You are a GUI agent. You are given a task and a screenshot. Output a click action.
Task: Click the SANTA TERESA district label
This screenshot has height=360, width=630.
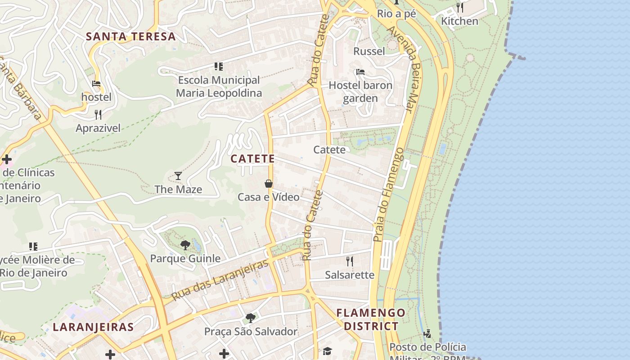[x=130, y=37]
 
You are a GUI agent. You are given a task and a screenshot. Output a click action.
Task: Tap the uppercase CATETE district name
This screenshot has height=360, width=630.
[x=252, y=159]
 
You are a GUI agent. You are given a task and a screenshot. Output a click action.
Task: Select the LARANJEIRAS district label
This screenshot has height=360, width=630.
[x=93, y=327]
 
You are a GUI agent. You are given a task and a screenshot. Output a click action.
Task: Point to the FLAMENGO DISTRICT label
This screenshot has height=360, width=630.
[x=371, y=319]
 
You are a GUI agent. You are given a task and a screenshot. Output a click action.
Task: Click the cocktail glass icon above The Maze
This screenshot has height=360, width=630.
[x=178, y=176]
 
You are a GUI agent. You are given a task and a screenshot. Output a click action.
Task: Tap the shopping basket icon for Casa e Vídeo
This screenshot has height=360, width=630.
[x=269, y=184]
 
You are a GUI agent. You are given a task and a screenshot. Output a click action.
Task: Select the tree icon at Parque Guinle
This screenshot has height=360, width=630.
[x=185, y=245]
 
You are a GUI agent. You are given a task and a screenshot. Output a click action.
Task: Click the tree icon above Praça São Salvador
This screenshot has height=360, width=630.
[x=251, y=318]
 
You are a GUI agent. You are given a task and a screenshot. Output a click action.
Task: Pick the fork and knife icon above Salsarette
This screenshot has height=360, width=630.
[x=350, y=261]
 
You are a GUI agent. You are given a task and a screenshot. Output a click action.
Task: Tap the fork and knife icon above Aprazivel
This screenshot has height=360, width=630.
[x=98, y=115]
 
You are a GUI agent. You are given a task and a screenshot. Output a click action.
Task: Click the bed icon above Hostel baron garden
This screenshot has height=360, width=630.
[x=360, y=72]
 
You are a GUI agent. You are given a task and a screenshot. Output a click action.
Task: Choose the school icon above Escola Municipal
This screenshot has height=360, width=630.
[x=219, y=67]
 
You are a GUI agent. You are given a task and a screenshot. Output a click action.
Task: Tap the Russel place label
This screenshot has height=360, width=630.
[x=369, y=51]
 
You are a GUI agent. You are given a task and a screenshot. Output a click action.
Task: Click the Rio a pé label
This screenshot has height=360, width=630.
[x=396, y=14]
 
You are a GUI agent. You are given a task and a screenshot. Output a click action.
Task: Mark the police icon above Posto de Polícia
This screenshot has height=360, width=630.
[x=427, y=333]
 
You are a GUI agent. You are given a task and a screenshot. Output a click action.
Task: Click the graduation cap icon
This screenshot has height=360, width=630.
[x=327, y=351]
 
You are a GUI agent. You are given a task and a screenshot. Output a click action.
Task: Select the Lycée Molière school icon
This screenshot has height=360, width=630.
[x=33, y=247]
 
